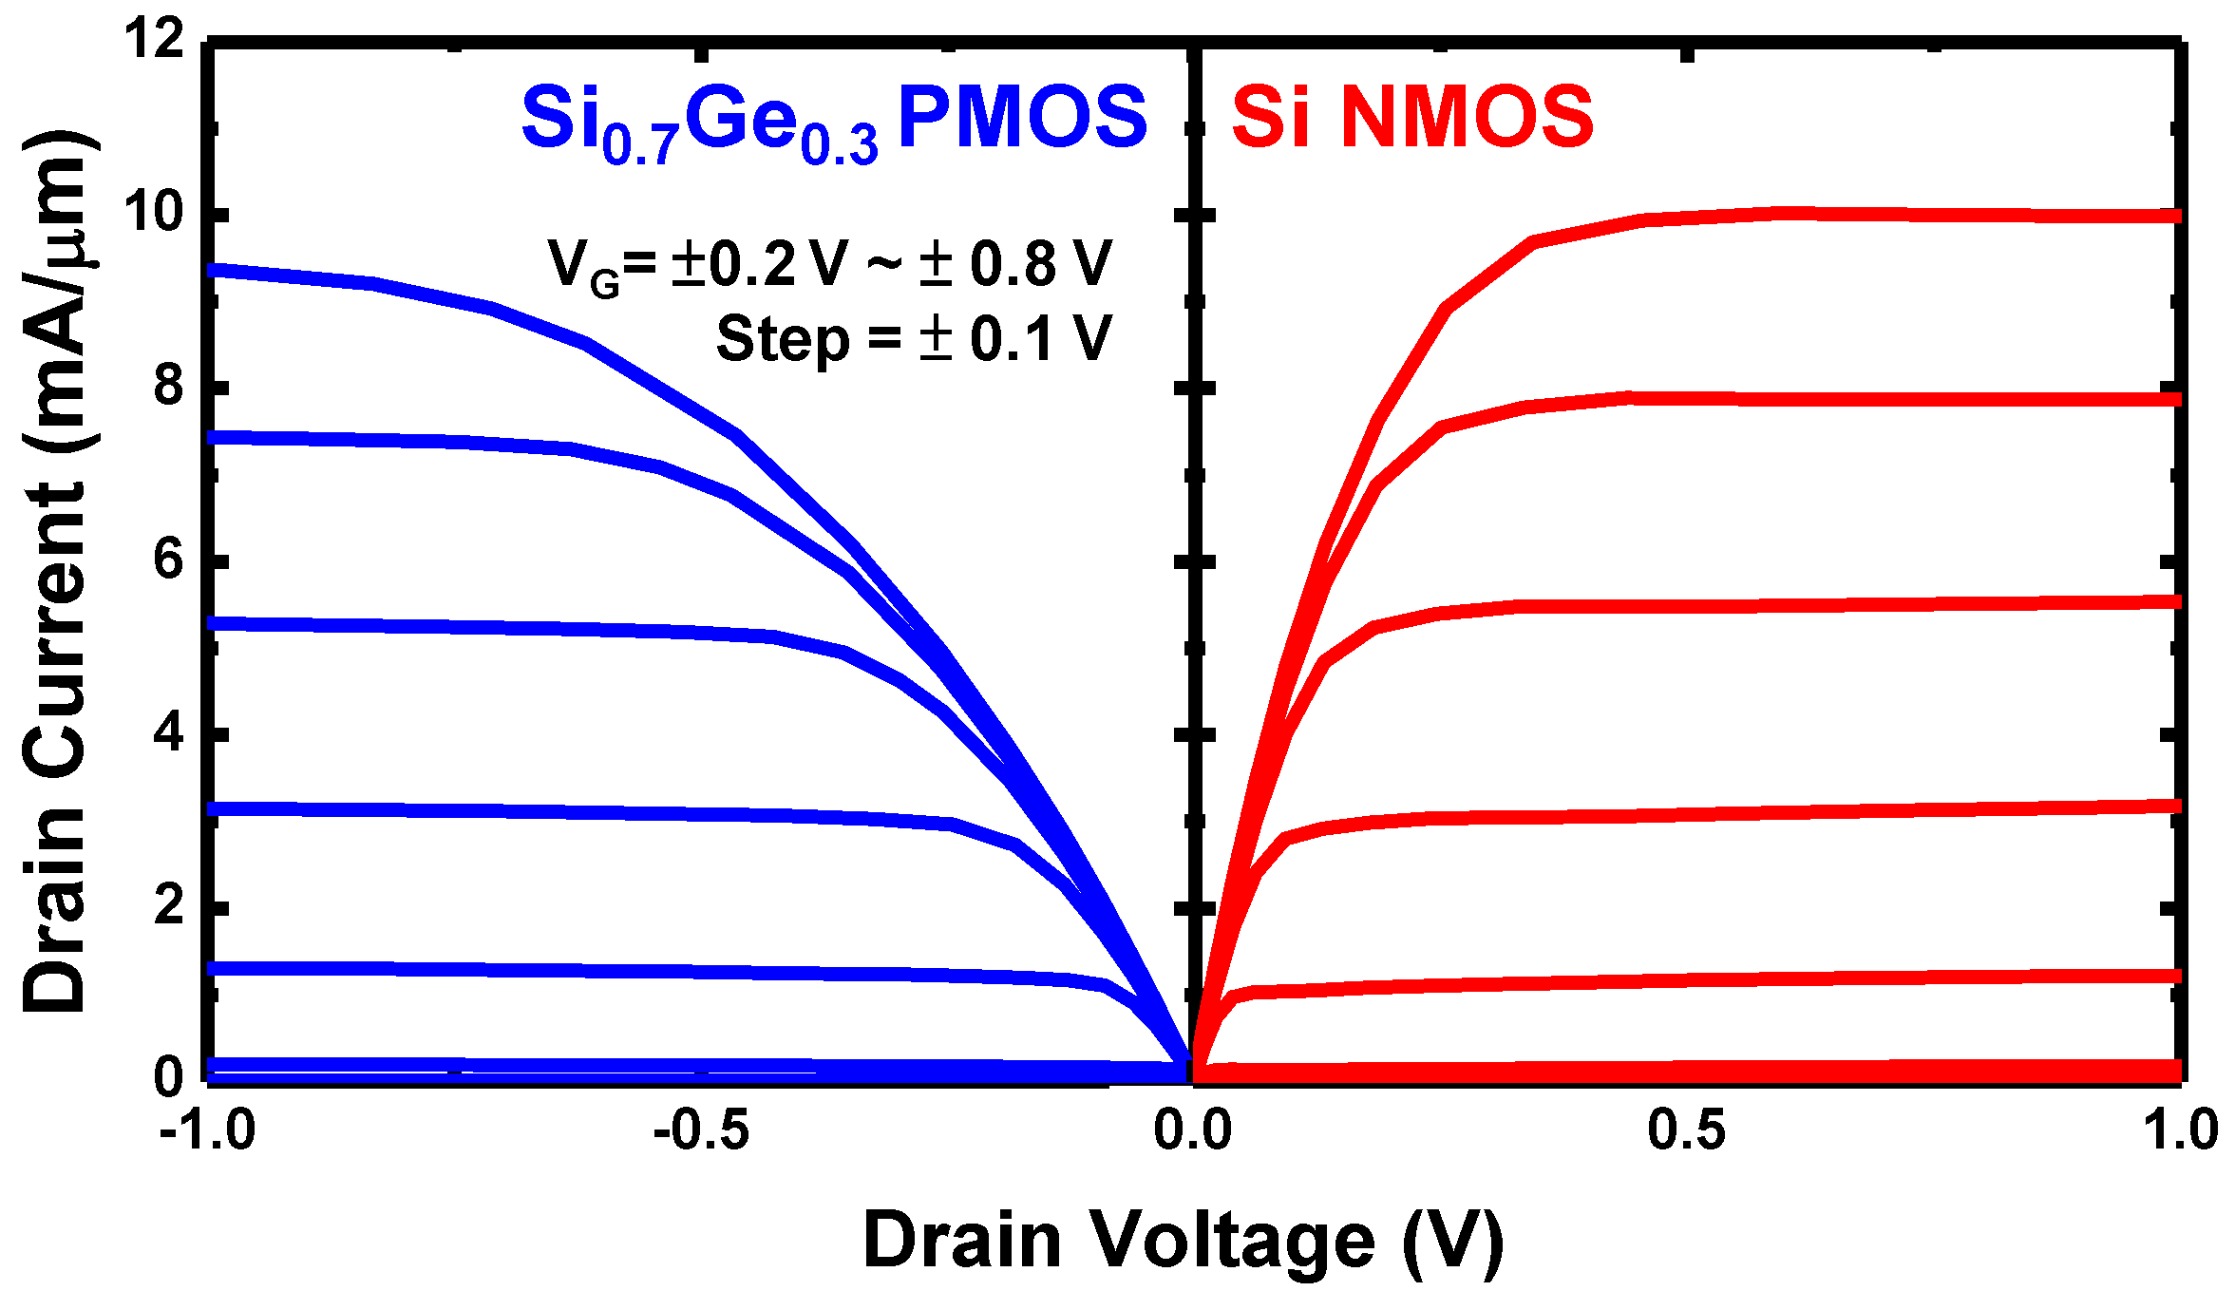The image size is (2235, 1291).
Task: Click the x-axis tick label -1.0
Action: pyautogui.click(x=207, y=1130)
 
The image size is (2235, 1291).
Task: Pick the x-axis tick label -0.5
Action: pyautogui.click(x=701, y=1130)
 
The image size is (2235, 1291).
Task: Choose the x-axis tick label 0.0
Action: pyautogui.click(x=1192, y=1130)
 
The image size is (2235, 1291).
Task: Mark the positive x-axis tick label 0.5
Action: pyautogui.click(x=1686, y=1130)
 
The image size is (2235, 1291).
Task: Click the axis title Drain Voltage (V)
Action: pyautogui.click(x=1183, y=1240)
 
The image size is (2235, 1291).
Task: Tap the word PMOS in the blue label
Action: pyautogui.click(x=1022, y=118)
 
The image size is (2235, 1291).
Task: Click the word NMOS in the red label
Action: pyautogui.click(x=1467, y=118)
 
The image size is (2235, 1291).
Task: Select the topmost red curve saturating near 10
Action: pyautogui.click(x=1805, y=214)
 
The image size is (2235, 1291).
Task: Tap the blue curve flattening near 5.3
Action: pyautogui.click(x=475, y=628)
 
